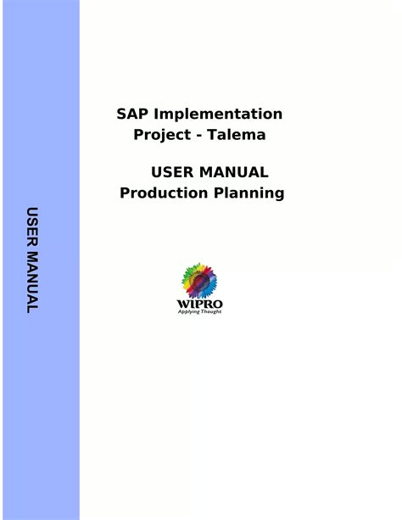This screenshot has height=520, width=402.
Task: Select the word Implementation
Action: [x=218, y=114]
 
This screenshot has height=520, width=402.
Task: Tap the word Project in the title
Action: [x=162, y=135]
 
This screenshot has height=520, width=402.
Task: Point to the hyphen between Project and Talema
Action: [x=199, y=136]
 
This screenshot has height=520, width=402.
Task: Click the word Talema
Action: [x=237, y=134]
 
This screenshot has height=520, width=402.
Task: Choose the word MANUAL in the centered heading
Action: [x=234, y=172]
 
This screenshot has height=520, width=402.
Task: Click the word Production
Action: [x=164, y=193]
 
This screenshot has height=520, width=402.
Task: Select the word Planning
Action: [x=248, y=193]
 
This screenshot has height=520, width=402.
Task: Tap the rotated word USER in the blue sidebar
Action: [x=32, y=226]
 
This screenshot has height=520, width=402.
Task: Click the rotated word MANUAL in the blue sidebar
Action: [x=32, y=282]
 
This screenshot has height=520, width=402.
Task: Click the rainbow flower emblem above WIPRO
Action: [x=199, y=281]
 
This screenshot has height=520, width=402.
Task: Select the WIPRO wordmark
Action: [x=199, y=304]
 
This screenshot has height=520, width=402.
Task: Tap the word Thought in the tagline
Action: [x=211, y=311]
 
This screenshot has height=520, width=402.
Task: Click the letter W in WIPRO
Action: [x=182, y=304]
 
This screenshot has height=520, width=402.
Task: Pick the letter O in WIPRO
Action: [x=218, y=304]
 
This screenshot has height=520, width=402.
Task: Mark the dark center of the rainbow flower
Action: [x=199, y=282]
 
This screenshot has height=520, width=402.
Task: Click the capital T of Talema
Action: [x=212, y=134]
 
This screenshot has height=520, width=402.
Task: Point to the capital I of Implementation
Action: [x=156, y=114]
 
